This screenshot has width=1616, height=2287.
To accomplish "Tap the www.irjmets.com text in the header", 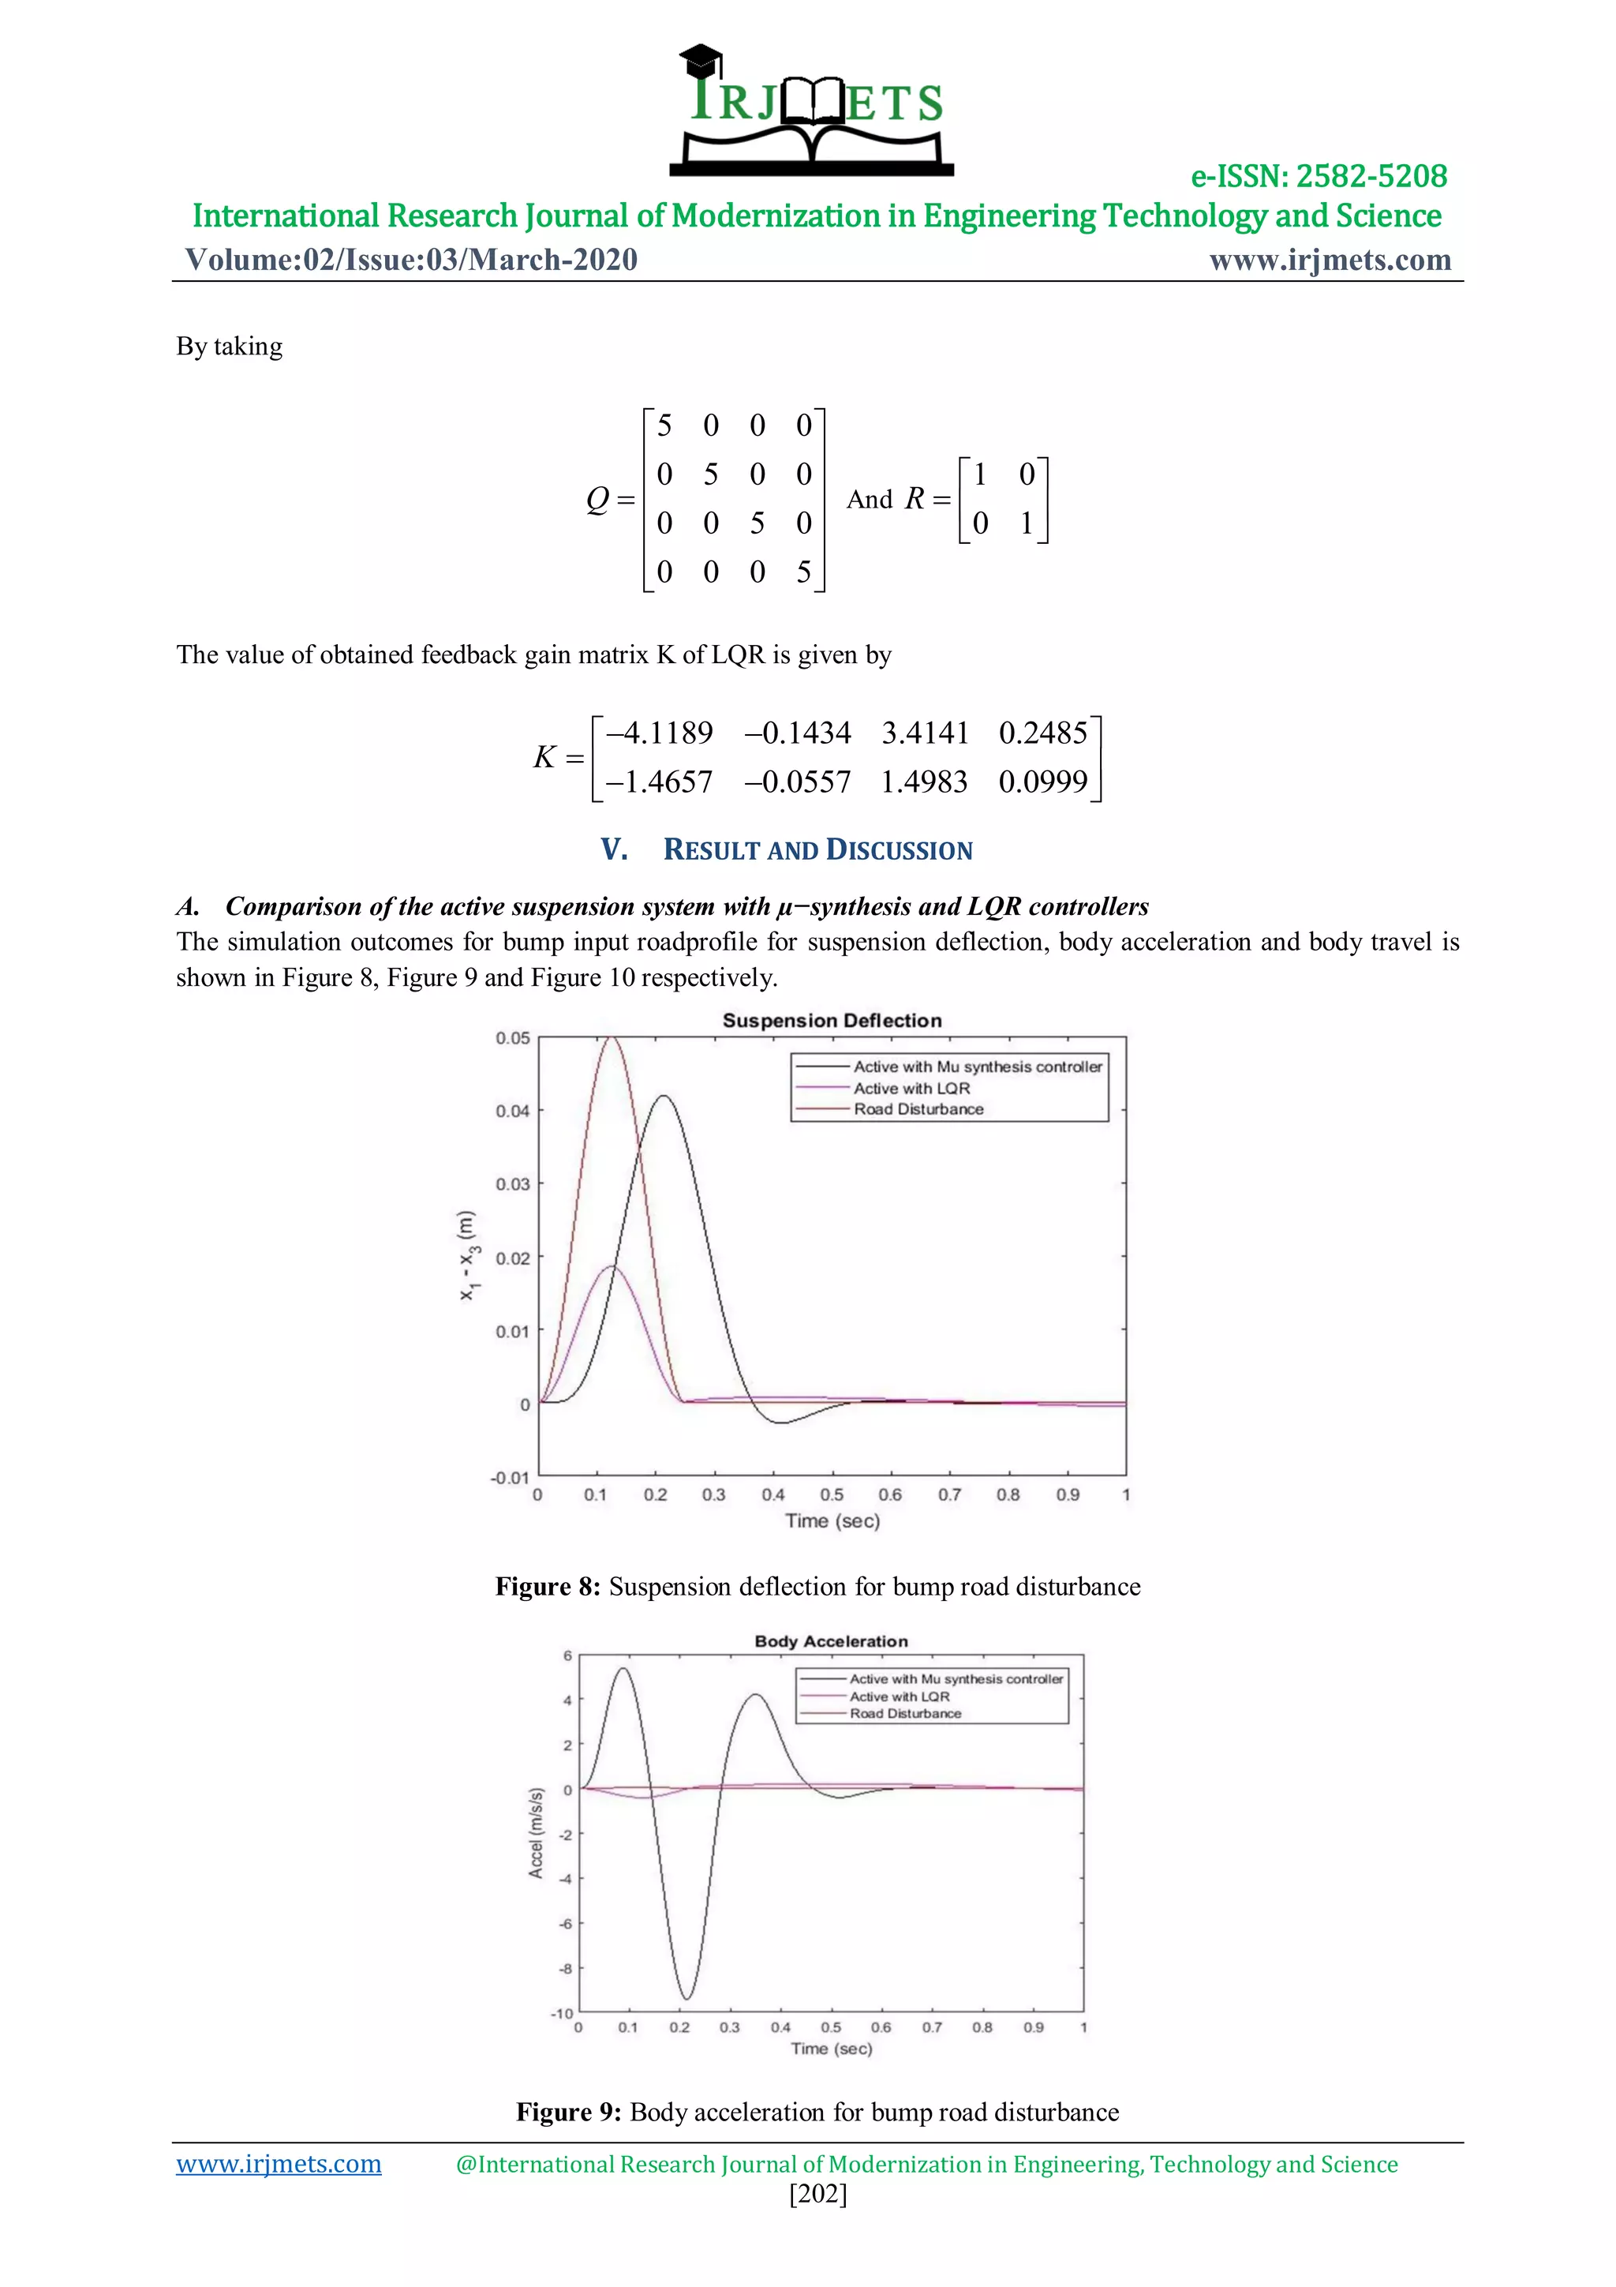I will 1330,260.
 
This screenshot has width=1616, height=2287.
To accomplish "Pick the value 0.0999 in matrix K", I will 1042,782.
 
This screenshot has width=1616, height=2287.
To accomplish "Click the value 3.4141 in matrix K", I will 924,733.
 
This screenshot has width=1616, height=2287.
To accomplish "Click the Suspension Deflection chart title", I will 832,1021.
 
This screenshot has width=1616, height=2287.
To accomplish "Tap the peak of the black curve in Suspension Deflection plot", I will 663,1097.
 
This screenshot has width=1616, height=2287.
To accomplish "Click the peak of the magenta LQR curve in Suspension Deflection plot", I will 611,1267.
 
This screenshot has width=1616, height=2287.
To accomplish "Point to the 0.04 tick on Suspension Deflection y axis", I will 513,1111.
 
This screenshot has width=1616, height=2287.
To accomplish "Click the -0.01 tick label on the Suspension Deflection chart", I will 510,1477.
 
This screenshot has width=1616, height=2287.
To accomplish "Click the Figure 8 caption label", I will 548,1587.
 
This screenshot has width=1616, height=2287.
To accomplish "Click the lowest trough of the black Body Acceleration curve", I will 685,1998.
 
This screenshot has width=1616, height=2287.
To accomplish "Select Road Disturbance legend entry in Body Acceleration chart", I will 904,1714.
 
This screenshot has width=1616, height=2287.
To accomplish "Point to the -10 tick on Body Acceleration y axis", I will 563,2013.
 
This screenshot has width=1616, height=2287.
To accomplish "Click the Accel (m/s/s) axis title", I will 536,1834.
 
